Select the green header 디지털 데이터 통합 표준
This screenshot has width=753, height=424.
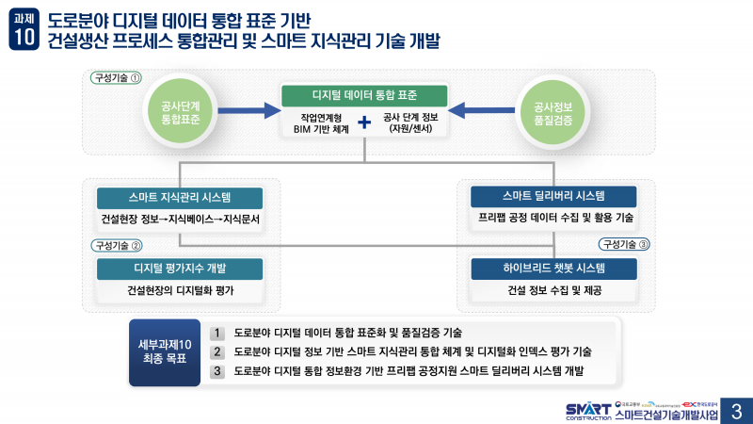[363, 95]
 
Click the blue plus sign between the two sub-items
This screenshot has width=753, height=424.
[364, 122]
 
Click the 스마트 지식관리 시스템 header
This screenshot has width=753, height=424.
[180, 198]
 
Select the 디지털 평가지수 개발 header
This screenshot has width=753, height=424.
[180, 268]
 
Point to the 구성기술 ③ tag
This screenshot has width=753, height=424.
[624, 244]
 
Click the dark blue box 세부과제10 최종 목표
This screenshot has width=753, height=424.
[165, 351]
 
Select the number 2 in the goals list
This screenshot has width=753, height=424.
[217, 351]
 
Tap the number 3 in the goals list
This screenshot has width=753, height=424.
[217, 370]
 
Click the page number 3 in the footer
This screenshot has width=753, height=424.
[735, 411]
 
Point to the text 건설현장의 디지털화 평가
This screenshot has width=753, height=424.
[180, 290]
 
